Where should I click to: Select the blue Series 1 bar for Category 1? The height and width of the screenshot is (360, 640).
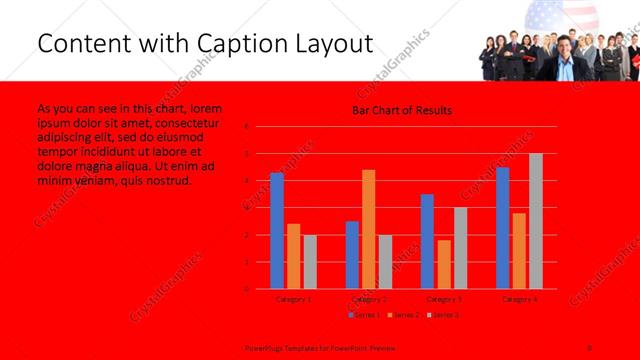click(277, 231)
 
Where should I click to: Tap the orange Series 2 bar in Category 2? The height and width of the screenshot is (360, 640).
click(369, 229)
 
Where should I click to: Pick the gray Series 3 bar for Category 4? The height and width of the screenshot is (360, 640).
click(536, 221)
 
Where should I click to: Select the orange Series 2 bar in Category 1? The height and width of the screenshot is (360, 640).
click(293, 256)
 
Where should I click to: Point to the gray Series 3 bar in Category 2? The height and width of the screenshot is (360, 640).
click(385, 262)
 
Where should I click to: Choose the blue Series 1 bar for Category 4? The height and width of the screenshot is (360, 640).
click(503, 228)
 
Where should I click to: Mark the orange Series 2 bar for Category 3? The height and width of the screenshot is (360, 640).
click(444, 264)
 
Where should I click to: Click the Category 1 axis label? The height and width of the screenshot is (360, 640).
click(293, 298)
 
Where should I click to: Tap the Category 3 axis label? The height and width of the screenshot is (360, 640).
click(444, 298)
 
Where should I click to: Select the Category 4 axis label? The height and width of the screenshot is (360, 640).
click(519, 298)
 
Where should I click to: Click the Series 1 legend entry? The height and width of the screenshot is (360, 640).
click(363, 315)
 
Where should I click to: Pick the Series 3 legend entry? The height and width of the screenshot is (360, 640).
click(443, 315)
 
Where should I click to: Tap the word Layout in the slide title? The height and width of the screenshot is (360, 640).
click(329, 44)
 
